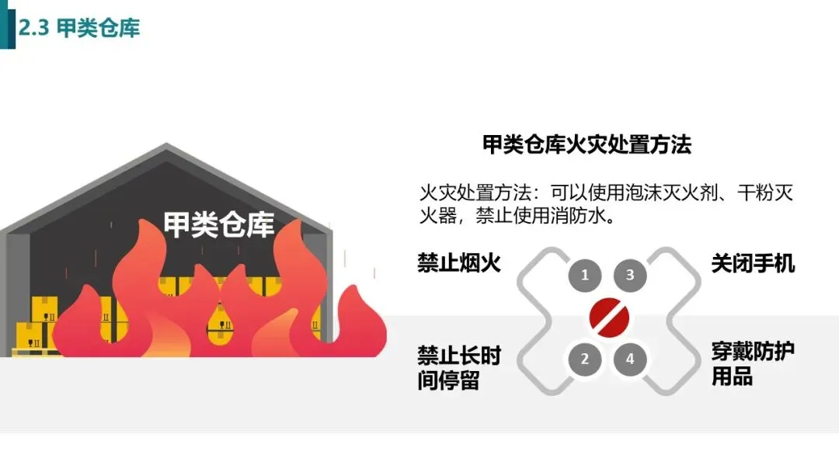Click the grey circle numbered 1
[x=585, y=275]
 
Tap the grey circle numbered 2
[x=585, y=359]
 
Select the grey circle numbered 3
[x=630, y=275]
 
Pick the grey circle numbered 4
[x=630, y=359]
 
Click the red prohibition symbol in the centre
[x=607, y=316]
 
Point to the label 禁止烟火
[x=459, y=263]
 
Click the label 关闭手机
[x=753, y=263]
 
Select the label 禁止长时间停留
[x=459, y=369]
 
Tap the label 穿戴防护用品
[x=753, y=364]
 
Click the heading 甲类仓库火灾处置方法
[x=587, y=144]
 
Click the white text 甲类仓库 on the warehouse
[x=219, y=224]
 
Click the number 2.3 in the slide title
[x=34, y=29]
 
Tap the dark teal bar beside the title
[x=7, y=24]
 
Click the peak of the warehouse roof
[x=165, y=147]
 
